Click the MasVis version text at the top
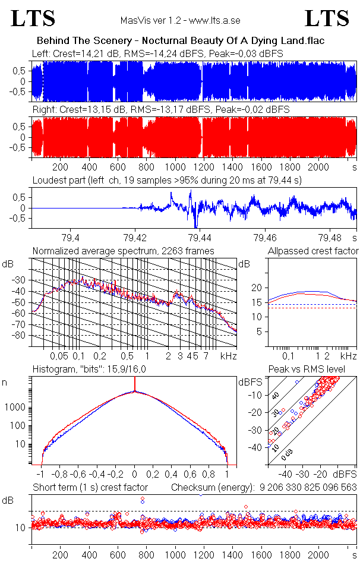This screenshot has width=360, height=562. (x=180, y=20)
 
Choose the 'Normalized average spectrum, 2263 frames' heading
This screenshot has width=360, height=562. (x=123, y=251)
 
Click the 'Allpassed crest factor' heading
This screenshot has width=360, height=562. (x=313, y=251)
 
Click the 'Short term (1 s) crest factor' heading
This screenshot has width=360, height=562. (x=90, y=487)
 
